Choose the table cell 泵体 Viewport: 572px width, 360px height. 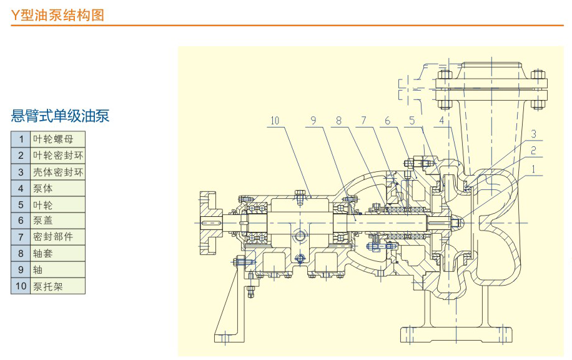pos(57,188)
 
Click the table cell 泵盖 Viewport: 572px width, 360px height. pos(57,221)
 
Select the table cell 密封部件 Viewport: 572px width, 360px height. pos(57,237)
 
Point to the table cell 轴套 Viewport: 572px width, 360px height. pos(57,254)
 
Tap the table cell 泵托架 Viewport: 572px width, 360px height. pos(57,286)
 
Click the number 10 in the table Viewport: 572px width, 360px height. pos(21,286)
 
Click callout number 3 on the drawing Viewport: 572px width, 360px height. pos(534,134)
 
